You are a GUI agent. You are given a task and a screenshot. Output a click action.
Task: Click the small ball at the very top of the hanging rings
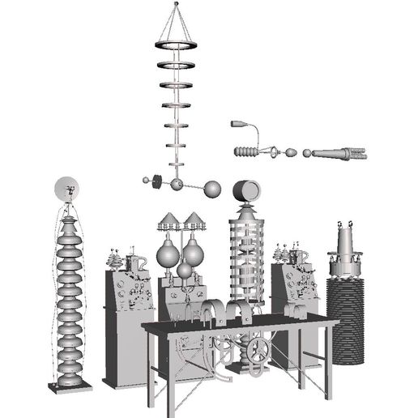(x=177, y=4)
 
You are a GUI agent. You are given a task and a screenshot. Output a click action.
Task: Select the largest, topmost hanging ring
(x=178, y=41)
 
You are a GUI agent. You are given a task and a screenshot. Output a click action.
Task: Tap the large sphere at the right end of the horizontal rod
(x=212, y=190)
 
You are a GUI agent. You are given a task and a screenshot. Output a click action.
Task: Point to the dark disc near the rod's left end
(x=159, y=181)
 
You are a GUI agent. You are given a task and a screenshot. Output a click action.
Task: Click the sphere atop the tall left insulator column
(x=68, y=190)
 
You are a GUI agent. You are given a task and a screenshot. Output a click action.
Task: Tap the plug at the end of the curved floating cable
(x=238, y=125)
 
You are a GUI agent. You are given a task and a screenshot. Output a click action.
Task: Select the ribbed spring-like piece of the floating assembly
(x=246, y=151)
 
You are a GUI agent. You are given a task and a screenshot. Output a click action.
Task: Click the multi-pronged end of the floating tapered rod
(x=356, y=153)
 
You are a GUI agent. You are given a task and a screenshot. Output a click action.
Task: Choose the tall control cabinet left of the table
(x=122, y=324)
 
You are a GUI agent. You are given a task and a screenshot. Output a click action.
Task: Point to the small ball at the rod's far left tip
(x=146, y=181)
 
